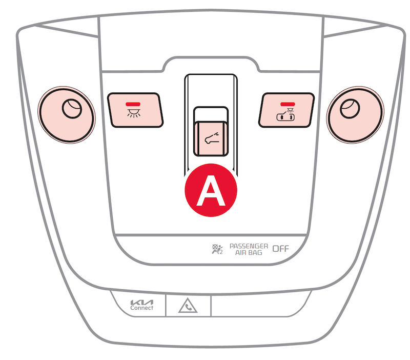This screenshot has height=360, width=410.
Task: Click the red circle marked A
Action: coord(211,190)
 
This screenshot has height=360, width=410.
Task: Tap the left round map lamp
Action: coord(67,115)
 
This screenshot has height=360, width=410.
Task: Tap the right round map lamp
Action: coord(355,115)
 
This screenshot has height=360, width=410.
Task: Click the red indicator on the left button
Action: coord(133,104)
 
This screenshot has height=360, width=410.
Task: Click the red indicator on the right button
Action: coord(288,104)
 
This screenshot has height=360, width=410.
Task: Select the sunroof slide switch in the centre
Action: coord(211,138)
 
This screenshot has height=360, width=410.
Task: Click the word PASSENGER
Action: coord(249,246)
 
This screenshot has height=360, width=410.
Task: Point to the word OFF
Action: coord(280,249)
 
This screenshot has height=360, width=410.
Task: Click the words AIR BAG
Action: coord(249,253)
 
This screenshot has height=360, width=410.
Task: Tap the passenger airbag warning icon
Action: coord(217,249)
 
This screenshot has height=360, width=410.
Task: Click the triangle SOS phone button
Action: coord(188,306)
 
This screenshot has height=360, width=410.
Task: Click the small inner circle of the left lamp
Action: coord(72,109)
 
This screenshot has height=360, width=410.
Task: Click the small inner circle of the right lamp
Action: coord(350,109)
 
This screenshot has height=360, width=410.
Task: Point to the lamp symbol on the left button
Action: coord(134,113)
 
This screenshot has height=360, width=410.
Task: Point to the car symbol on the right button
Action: coord(286,115)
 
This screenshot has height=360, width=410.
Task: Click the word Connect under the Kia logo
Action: coord(142,308)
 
